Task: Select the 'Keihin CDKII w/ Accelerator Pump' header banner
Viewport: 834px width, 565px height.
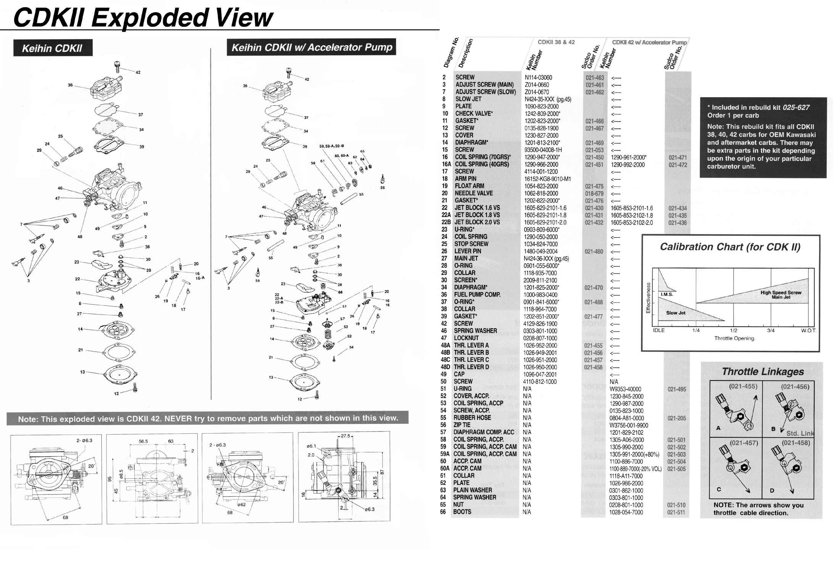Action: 311,47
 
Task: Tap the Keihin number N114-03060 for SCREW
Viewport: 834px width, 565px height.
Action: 538,77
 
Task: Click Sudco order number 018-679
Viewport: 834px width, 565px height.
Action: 594,194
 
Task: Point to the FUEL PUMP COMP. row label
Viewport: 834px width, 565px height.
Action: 477,295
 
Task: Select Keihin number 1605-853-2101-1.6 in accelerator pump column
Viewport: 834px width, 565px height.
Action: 632,208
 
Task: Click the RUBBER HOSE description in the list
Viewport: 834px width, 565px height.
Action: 472,418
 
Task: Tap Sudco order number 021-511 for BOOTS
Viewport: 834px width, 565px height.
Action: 676,512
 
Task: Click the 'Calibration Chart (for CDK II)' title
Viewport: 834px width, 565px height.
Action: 730,247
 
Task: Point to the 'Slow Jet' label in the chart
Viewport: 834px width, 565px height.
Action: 676,313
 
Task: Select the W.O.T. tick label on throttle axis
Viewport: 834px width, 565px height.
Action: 808,331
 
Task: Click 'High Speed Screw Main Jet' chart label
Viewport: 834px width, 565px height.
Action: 781,295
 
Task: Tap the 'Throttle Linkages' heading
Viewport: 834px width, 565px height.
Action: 762,372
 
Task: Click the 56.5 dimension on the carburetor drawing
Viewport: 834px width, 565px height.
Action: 144,441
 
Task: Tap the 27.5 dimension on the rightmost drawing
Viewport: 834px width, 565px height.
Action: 345,436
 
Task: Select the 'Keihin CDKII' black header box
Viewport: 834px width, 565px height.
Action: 52,48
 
